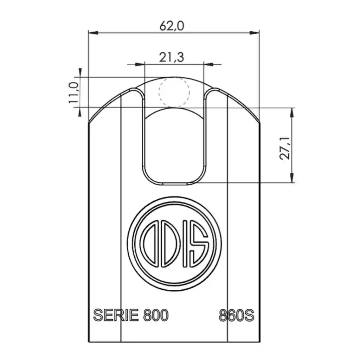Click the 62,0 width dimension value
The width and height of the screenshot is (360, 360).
tap(172, 26)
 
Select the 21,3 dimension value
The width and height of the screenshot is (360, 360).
tap(172, 57)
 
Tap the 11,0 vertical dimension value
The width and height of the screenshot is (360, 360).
tap(74, 92)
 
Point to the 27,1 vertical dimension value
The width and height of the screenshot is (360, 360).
tap(285, 148)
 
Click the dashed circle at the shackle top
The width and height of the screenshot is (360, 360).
tap(174, 92)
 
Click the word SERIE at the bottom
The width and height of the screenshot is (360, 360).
tap(116, 315)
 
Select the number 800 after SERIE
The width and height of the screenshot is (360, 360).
tap(156, 315)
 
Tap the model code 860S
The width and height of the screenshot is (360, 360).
tap(236, 315)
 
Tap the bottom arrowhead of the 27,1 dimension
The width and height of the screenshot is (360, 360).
tap(291, 179)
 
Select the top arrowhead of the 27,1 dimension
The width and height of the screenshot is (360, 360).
tap(291, 112)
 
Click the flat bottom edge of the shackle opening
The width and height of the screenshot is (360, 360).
tap(174, 183)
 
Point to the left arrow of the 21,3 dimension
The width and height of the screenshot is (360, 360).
tap(140, 64)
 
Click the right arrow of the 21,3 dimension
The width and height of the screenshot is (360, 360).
tap(208, 64)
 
